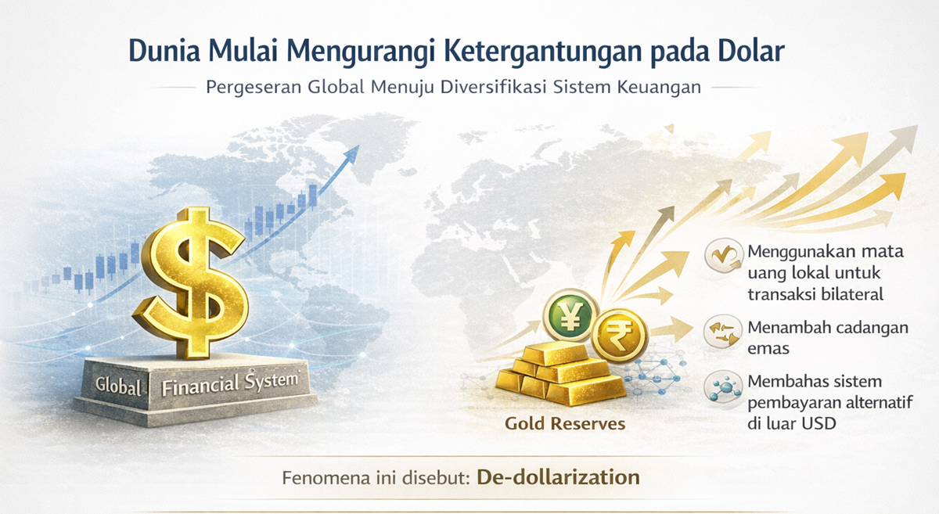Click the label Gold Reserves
click(565, 423)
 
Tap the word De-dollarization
click(558, 476)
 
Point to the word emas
click(768, 347)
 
